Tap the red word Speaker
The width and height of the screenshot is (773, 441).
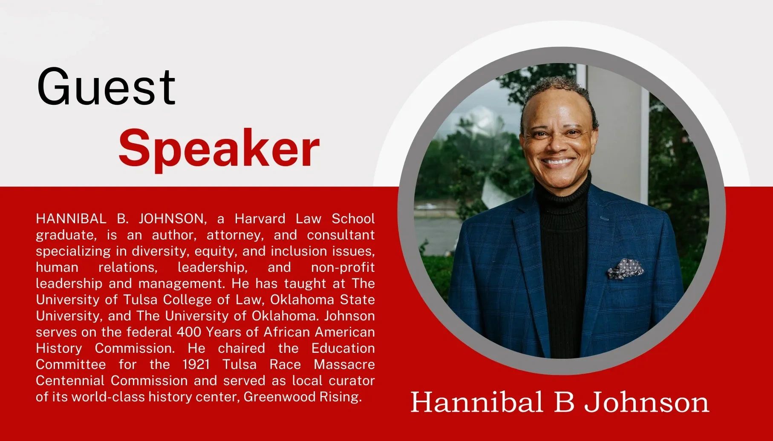pyautogui.click(x=219, y=149)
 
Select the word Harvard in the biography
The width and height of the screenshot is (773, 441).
pyautogui.click(x=260, y=219)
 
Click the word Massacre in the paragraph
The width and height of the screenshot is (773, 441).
pyautogui.click(x=344, y=364)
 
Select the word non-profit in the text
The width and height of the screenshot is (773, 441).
pyautogui.click(x=343, y=268)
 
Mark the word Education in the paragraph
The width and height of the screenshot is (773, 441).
pyautogui.click(x=343, y=348)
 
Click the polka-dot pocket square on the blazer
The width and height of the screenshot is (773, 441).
pyautogui.click(x=626, y=268)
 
